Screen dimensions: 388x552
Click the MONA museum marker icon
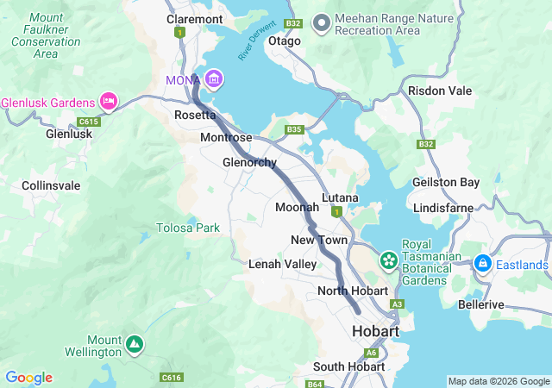[213, 80]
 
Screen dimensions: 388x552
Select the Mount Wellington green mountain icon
[134, 344]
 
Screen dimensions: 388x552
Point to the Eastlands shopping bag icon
[483, 263]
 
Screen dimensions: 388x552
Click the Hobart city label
[375, 332]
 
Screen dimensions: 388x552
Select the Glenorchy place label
[249, 163]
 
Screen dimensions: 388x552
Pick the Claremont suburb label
[194, 18]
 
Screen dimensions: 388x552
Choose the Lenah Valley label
[277, 264]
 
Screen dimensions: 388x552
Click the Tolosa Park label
[187, 228]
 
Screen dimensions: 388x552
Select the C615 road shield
[89, 122]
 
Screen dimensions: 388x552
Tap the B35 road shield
[295, 130]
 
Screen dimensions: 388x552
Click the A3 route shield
[397, 304]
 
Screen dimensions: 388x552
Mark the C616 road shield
[172, 377]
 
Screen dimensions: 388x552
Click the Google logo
[28, 378]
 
